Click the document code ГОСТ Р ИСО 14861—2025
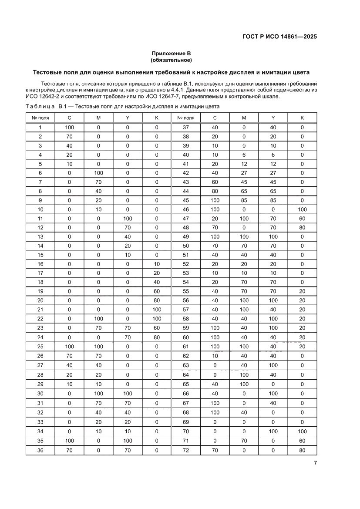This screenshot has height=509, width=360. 279,37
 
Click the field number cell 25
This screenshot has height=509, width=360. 40,346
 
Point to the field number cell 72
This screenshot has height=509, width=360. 186,450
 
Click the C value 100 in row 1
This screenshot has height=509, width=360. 69,127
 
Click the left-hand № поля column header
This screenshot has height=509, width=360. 40,118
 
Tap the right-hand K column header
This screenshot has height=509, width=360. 302,118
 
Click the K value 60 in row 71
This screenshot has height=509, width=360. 302,441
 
